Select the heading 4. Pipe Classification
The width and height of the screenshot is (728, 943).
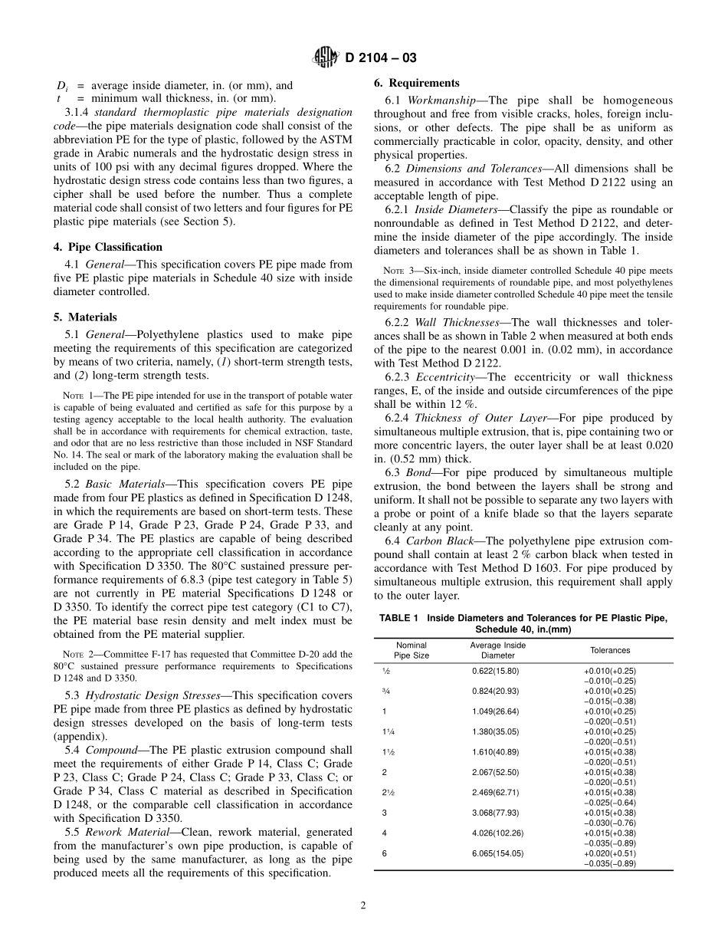coord(115,247)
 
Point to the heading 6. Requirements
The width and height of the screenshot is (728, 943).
coord(417,83)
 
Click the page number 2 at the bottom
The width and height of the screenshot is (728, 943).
coord(364,905)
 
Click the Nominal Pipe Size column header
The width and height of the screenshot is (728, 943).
coord(411,650)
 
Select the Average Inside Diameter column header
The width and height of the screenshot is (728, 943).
coord(497,650)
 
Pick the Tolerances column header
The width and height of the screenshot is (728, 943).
coord(609,650)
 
